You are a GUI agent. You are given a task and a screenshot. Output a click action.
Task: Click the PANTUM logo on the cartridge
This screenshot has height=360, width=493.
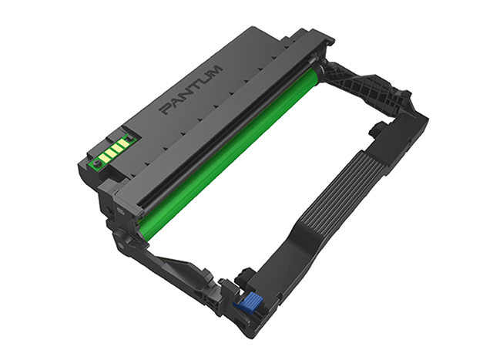coord(191,89)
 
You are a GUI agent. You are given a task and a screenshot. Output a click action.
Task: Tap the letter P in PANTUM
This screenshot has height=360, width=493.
coord(166,109)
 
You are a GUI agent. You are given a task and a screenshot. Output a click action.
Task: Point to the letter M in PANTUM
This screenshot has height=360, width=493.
coord(215,70)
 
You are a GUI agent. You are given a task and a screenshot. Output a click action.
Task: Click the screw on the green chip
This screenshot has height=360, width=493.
coord(96,163)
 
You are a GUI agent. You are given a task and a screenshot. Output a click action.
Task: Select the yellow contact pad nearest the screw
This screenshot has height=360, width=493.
coord(103,156)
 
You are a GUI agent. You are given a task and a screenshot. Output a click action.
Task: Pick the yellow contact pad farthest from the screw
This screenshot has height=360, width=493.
coord(122,143)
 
